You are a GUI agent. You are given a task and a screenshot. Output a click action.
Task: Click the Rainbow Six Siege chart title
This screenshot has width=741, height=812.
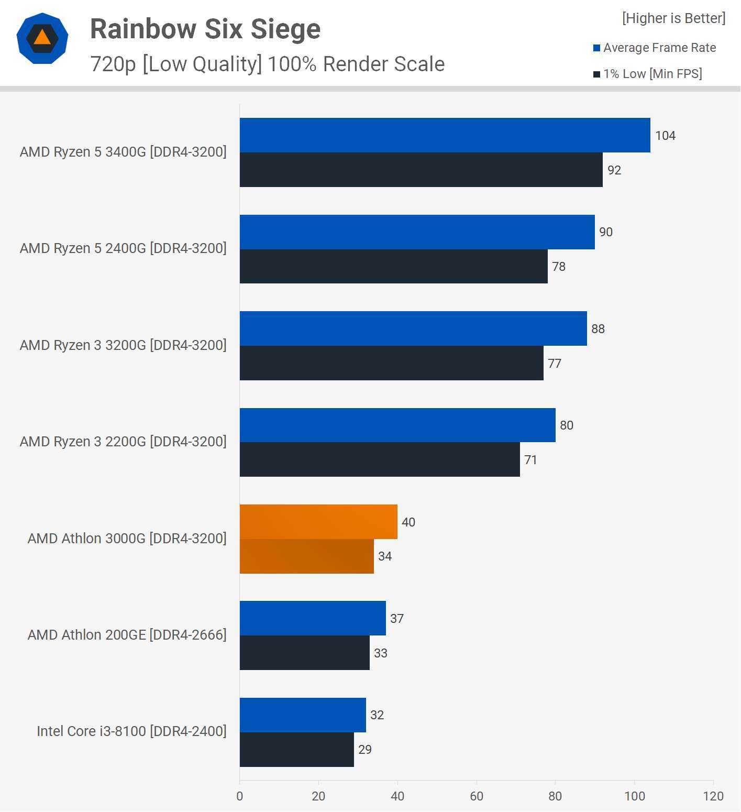click(205, 29)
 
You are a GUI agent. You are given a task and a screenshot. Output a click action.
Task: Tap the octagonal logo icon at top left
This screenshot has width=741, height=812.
click(42, 38)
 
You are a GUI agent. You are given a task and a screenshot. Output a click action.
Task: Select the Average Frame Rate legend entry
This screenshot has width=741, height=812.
click(654, 48)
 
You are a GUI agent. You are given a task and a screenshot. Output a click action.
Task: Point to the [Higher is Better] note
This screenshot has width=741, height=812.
click(673, 18)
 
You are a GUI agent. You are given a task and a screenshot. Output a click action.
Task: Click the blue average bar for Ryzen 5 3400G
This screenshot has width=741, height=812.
click(445, 135)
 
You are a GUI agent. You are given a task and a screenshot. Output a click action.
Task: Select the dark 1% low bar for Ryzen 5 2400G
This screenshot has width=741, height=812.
click(393, 266)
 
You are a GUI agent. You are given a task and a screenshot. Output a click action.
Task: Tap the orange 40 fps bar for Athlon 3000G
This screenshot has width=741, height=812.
click(318, 522)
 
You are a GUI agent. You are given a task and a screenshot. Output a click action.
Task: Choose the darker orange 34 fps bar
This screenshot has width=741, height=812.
click(306, 556)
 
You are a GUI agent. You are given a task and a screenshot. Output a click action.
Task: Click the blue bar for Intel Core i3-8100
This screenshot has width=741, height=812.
click(303, 715)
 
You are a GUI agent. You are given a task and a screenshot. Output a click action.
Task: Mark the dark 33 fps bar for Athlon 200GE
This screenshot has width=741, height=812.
click(304, 653)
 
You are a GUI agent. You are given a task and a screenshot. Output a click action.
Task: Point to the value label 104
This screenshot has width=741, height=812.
click(665, 136)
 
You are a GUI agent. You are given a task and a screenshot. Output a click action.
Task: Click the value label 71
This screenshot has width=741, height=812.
click(530, 460)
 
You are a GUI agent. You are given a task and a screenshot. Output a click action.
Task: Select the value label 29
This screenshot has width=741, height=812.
click(365, 750)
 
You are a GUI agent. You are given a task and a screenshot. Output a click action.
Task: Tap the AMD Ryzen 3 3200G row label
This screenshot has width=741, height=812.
click(123, 345)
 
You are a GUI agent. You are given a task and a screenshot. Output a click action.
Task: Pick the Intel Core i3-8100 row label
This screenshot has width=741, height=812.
click(131, 731)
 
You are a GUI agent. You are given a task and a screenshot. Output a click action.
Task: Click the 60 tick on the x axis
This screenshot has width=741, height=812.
click(477, 796)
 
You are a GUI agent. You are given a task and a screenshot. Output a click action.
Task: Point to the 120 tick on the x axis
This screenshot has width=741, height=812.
click(713, 796)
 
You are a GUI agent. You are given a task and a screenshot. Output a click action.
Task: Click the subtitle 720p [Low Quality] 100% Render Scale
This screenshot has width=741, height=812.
click(267, 64)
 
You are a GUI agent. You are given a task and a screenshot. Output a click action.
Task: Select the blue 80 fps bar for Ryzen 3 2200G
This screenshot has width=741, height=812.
click(397, 425)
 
